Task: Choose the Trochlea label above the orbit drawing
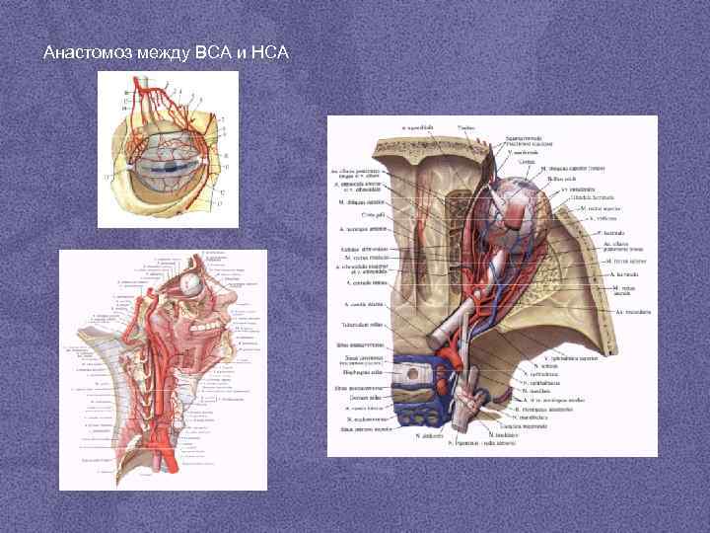tap(467, 127)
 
